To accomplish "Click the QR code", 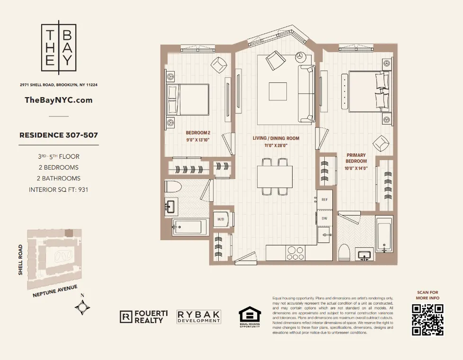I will [x=427, y=319].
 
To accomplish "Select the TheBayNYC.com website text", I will [x=58, y=100].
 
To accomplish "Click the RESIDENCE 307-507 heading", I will [x=59, y=135].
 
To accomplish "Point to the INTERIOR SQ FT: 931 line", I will [x=59, y=189].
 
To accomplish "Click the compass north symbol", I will [x=82, y=308].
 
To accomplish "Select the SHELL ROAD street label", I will [x=20, y=260].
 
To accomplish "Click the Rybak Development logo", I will [x=199, y=317].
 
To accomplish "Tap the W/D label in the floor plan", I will [x=221, y=219].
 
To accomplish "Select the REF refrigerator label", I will [x=325, y=199].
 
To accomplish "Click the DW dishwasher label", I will [x=325, y=218].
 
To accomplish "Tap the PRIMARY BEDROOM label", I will [x=356, y=158].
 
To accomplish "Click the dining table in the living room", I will [x=275, y=177].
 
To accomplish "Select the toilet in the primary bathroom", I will [x=344, y=252].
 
